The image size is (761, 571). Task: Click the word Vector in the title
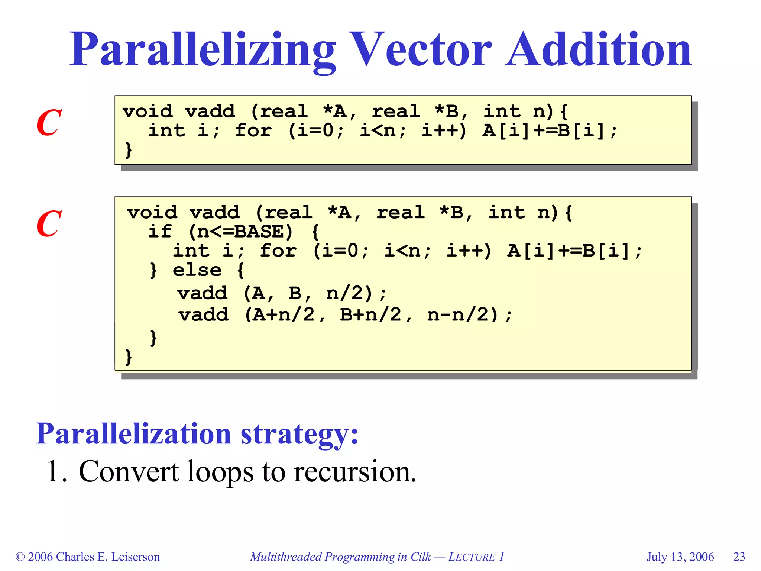[x=420, y=50]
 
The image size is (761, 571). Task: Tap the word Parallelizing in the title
[x=203, y=50]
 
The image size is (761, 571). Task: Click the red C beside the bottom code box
[x=49, y=224]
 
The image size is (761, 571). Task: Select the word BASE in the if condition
[x=259, y=232]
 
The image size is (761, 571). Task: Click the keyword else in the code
[x=197, y=270]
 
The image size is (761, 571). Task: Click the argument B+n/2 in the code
[x=371, y=315]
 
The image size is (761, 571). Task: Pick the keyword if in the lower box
[x=160, y=232]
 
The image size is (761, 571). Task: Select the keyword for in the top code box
[x=253, y=131]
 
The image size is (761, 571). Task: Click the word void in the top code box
[x=148, y=112]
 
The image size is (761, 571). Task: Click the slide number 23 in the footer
[x=739, y=557]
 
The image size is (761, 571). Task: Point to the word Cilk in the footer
[x=420, y=557]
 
